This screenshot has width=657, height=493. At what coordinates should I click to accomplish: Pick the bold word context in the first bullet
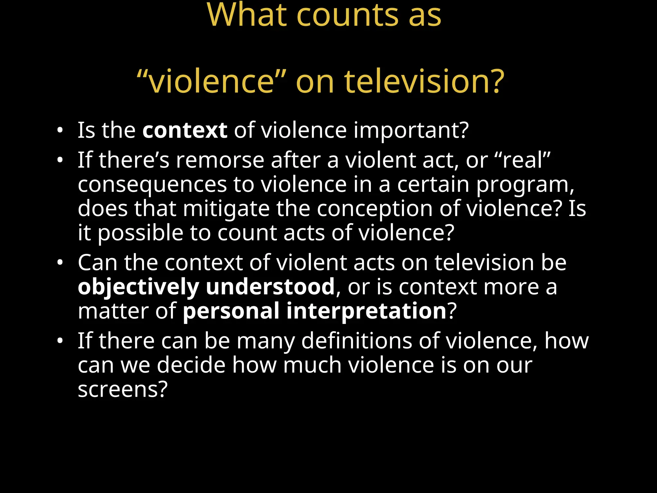click(185, 130)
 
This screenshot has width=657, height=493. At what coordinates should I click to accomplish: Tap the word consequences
click(152, 185)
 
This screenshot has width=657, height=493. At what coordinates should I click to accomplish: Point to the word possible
click(140, 233)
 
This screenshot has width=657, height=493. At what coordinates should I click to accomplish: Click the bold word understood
click(270, 287)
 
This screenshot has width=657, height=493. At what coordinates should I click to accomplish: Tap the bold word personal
click(231, 311)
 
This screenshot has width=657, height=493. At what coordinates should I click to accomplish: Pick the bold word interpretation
click(366, 311)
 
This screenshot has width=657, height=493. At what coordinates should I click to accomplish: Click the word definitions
click(356, 341)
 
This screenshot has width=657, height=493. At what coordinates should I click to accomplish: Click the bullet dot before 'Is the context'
click(60, 130)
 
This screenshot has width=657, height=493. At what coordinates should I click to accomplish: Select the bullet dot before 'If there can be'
click(60, 341)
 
